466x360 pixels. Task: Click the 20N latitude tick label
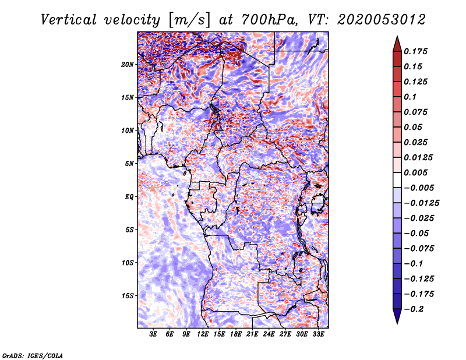pyautogui.click(x=128, y=65)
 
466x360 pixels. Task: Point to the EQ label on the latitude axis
pyautogui.click(x=129, y=197)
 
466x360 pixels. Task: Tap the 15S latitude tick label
pyautogui.click(x=128, y=296)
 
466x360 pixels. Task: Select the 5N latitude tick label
pyautogui.click(x=129, y=164)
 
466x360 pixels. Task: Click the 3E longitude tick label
pyautogui.click(x=153, y=334)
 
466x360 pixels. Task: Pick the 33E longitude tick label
pyautogui.click(x=318, y=334)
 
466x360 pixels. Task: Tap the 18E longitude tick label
pyautogui.click(x=236, y=334)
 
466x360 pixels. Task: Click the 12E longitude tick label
pyautogui.click(x=203, y=334)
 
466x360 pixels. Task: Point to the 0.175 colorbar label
pyautogui.click(x=415, y=51)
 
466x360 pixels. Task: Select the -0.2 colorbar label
pyautogui.click(x=414, y=309)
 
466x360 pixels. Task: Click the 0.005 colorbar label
pyautogui.click(x=415, y=172)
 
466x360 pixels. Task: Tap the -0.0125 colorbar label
pyautogui.click(x=421, y=203)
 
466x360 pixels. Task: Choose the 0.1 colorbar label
pyautogui.click(x=410, y=97)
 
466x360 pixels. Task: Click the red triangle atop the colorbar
pyautogui.click(x=397, y=44)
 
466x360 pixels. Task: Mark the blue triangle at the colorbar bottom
pyautogui.click(x=397, y=316)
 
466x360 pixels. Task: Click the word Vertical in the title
pyautogui.click(x=69, y=20)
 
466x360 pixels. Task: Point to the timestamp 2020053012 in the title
pyautogui.click(x=382, y=20)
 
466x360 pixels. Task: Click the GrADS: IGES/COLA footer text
pyautogui.click(x=33, y=355)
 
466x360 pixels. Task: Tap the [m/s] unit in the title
pyautogui.click(x=189, y=20)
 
